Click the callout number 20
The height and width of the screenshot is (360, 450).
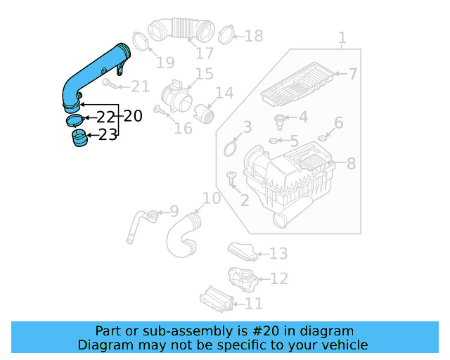[133, 116]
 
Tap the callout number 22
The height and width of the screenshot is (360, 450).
[105, 117]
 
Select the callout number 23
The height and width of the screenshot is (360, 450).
[108, 134]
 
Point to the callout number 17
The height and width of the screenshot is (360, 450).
[204, 53]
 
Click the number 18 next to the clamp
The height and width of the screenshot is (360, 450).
[252, 35]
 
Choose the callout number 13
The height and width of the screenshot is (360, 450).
[278, 253]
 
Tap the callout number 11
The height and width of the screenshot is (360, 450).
[253, 303]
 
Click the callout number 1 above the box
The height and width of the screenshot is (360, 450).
[342, 37]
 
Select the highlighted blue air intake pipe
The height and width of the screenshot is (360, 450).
[91, 70]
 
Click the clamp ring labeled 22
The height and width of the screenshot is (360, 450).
[75, 120]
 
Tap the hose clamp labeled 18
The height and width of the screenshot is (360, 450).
[226, 32]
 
